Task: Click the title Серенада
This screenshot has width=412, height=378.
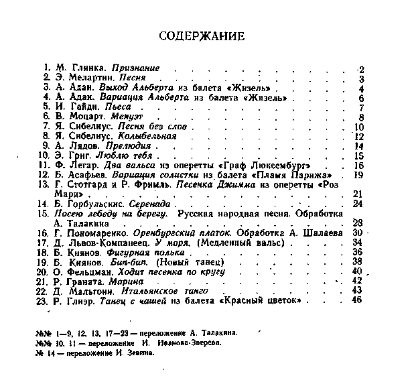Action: point(151,203)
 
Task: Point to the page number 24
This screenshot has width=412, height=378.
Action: point(357,203)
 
